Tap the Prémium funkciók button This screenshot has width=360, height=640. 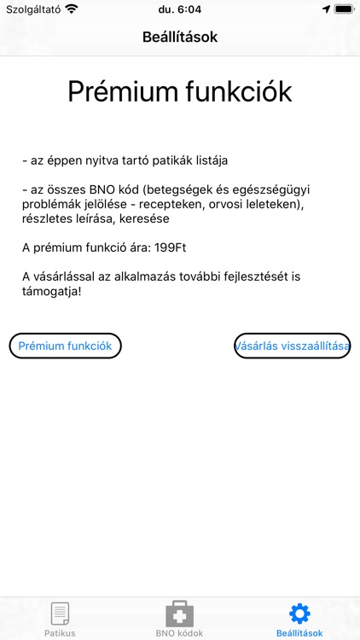(x=66, y=346)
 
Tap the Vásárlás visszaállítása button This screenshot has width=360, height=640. (x=293, y=346)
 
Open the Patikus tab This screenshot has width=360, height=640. (x=60, y=619)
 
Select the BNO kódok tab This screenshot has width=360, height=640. (x=179, y=619)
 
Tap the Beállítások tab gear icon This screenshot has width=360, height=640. (x=299, y=613)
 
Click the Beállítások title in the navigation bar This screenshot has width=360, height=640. (x=180, y=38)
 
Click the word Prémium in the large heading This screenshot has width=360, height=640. (x=121, y=91)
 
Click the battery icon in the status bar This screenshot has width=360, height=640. (x=343, y=9)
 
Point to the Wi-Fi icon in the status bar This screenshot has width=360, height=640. (x=71, y=9)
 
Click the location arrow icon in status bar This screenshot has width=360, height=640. (x=325, y=9)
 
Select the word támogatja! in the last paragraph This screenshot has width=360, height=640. (x=55, y=293)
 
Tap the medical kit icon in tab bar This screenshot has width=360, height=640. (x=179, y=613)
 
